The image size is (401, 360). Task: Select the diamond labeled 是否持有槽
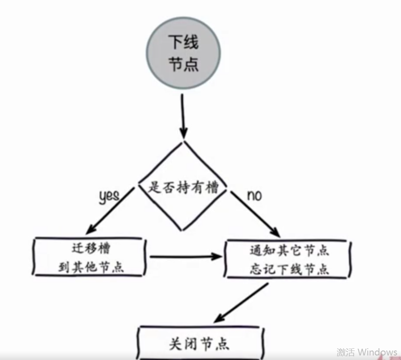pos(183,187)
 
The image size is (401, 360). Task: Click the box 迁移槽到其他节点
pos(90,257)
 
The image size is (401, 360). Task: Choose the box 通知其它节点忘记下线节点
pos(288,259)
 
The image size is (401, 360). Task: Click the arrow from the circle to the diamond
pos(183,115)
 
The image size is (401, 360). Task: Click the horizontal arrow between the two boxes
pos(186,257)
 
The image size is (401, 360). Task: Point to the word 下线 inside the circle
pos(183,44)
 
